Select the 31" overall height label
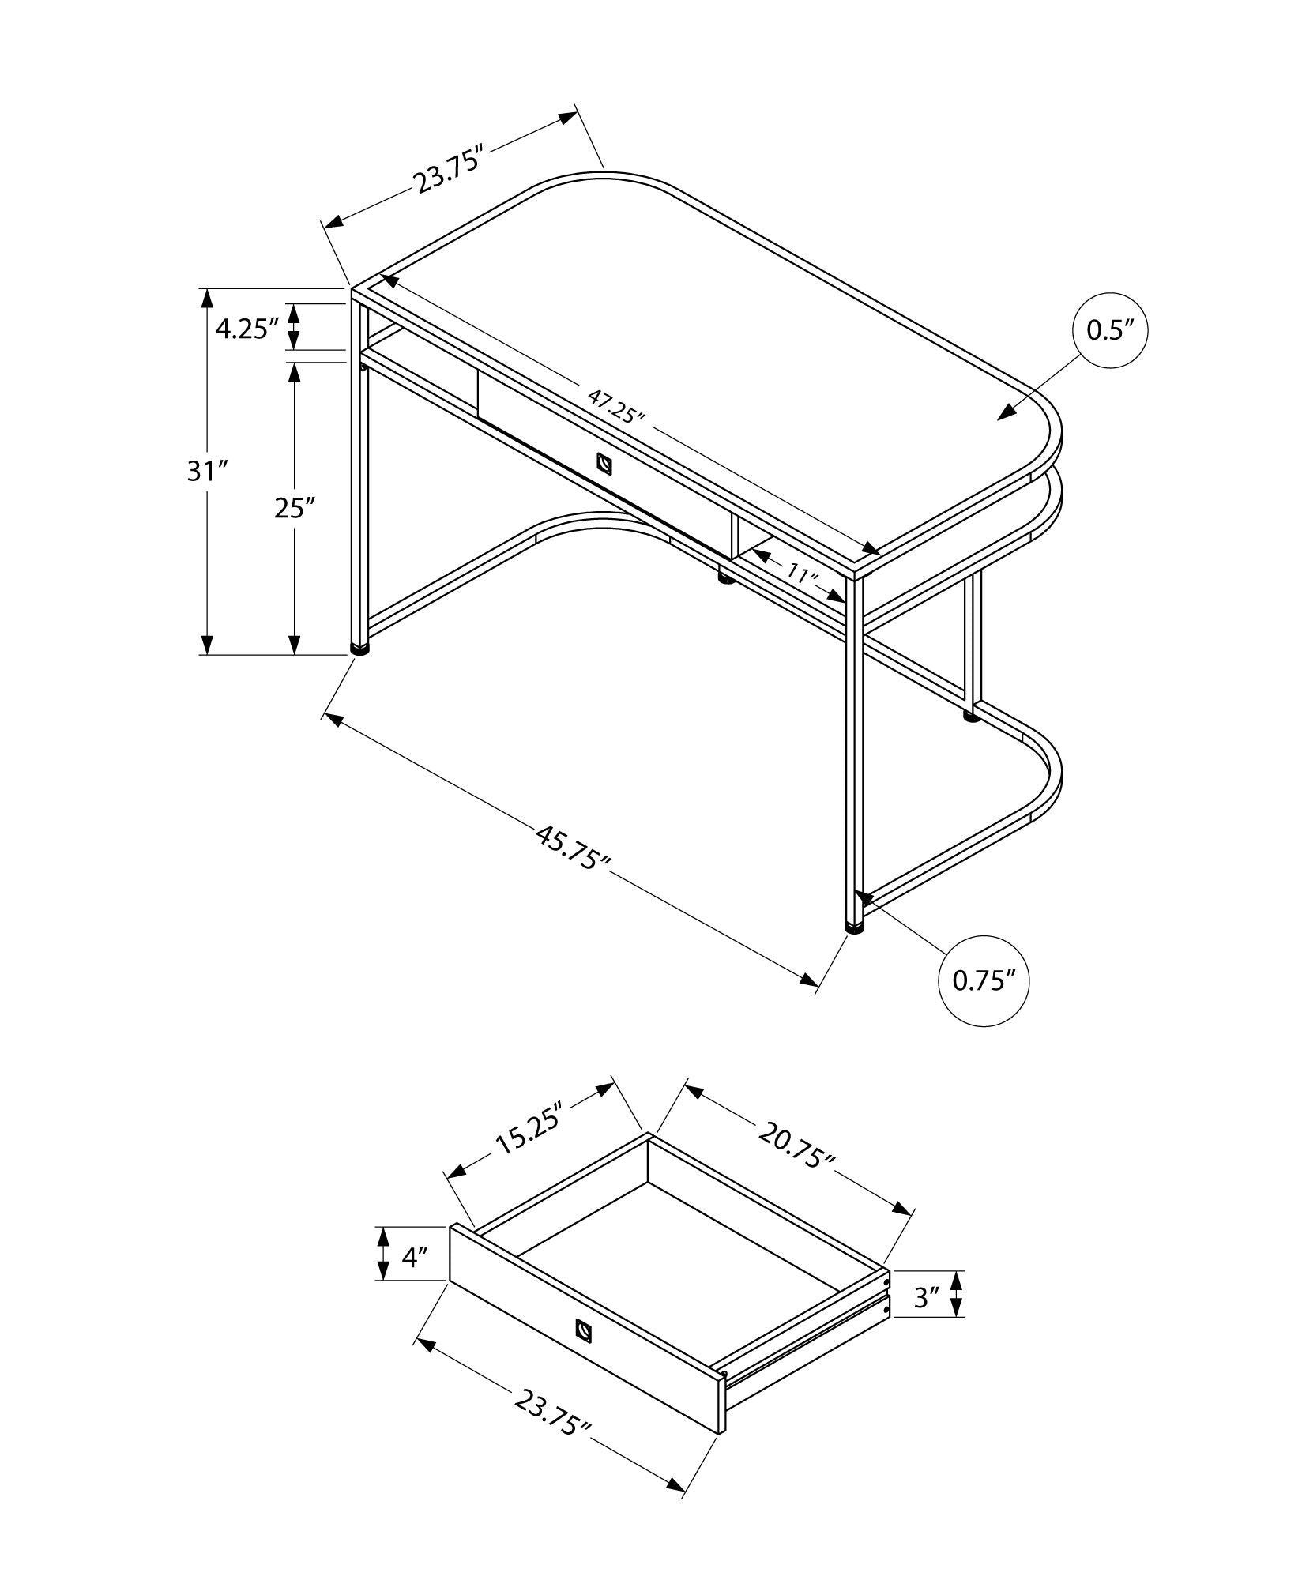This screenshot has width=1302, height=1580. [207, 472]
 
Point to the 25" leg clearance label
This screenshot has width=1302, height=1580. [295, 508]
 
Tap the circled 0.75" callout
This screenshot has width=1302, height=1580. [983, 980]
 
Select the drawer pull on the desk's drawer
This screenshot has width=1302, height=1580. [604, 464]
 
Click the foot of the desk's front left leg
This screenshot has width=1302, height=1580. [360, 649]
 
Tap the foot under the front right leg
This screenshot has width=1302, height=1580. [854, 927]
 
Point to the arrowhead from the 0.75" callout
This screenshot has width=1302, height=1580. [864, 898]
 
